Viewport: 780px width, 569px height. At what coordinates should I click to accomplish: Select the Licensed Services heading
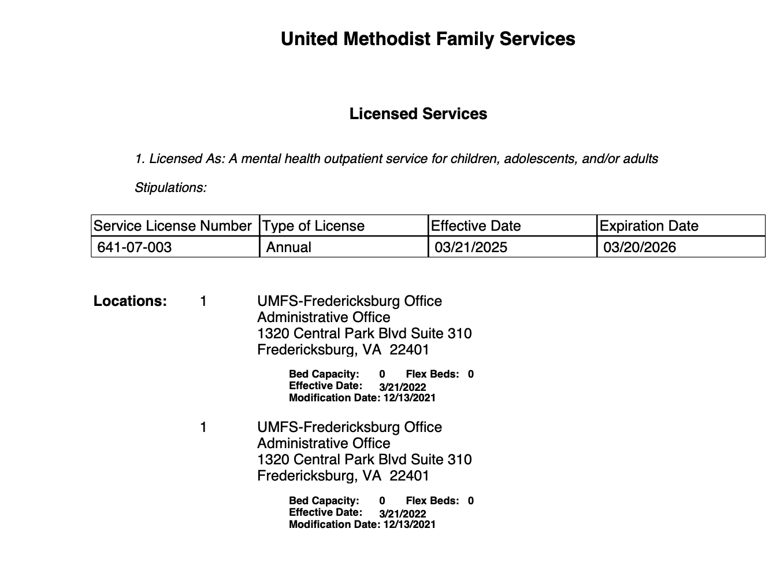pos(418,114)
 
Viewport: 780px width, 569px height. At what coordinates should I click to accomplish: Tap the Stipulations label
pos(170,187)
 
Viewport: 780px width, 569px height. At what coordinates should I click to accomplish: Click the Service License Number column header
pos(173,226)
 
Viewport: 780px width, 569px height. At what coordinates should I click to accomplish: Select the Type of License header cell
pos(314,226)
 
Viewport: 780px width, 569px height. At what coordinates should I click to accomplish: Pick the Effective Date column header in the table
pos(476,226)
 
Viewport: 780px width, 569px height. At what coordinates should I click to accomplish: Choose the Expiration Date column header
pos(649,226)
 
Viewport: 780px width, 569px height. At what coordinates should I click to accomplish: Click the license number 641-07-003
pos(135,247)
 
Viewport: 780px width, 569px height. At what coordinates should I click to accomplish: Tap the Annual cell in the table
pos(288,247)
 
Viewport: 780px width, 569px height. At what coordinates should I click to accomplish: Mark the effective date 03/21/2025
pos(471,247)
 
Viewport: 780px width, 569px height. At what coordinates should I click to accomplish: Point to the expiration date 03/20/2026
pos(640,247)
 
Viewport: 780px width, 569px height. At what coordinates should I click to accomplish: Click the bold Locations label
pos(130,301)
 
